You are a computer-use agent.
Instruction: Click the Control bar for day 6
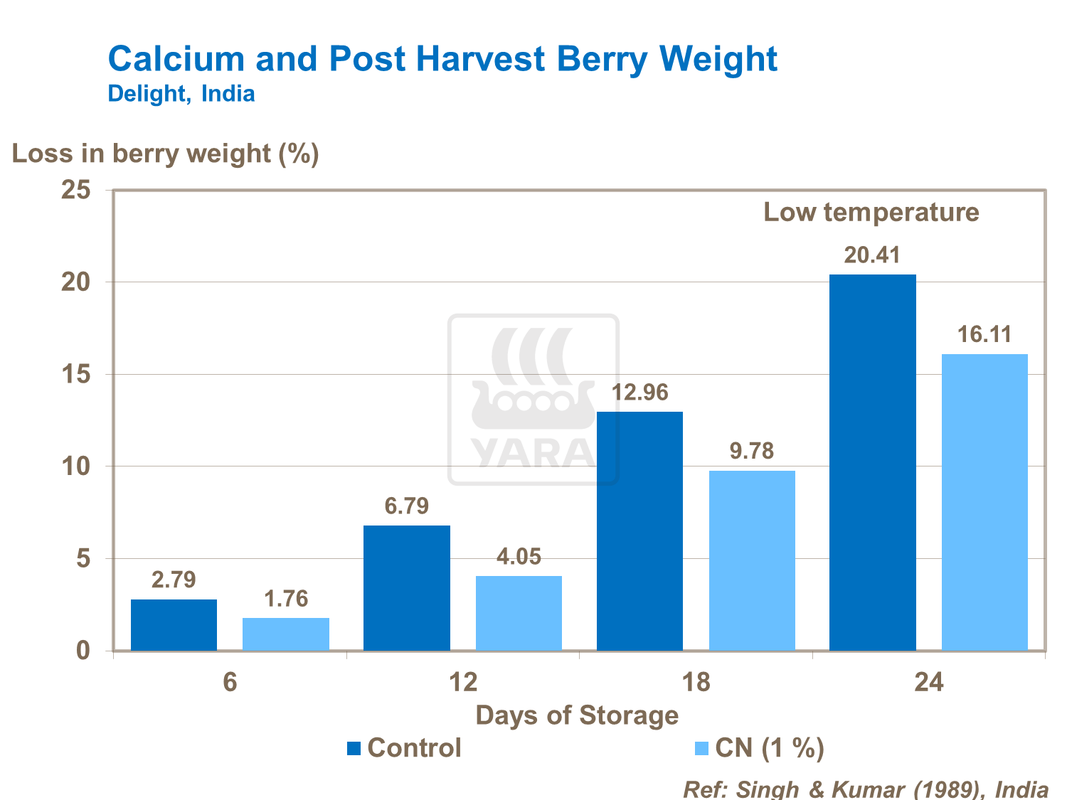coord(174,625)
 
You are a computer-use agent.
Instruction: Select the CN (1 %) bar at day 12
coord(519,613)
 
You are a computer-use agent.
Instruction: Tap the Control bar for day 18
coord(639,531)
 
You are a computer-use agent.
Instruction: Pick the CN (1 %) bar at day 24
coord(984,502)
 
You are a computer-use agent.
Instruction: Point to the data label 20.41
coord(872,255)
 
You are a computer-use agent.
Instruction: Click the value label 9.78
coord(751,451)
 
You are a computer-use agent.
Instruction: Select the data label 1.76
coord(286,599)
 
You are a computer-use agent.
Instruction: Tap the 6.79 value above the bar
coord(407,506)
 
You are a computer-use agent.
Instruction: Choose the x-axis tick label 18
coord(696,683)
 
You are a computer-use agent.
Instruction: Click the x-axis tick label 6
coord(230,683)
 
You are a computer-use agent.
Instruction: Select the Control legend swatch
coord(354,748)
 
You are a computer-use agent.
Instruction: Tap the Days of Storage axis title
coord(577,715)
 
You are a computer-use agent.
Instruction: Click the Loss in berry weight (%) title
coord(166,154)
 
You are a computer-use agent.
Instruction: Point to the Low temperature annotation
coord(871,212)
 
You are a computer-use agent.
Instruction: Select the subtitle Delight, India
coord(181,94)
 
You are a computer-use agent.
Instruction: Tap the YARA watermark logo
coord(533,400)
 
